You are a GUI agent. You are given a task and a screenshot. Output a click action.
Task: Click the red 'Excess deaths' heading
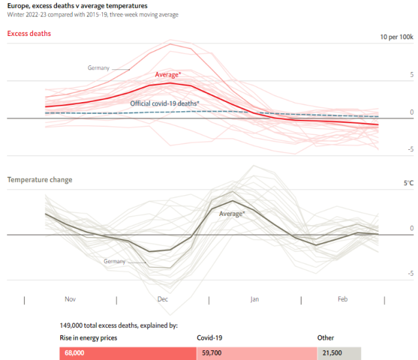point(29,33)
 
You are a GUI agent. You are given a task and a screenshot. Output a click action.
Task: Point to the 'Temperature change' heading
point(39,179)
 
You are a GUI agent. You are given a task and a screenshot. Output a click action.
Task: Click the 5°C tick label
point(408,184)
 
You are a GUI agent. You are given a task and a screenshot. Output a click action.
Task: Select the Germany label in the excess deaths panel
point(98,67)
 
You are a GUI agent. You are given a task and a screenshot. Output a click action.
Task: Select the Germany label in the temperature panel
point(114,261)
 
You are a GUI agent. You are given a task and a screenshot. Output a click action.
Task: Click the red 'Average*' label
point(168,75)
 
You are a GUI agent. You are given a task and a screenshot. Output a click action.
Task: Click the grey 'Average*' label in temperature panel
point(231,213)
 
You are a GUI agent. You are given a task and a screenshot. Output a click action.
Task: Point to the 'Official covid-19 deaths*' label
point(164,103)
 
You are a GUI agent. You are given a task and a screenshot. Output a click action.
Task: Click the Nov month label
point(70,299)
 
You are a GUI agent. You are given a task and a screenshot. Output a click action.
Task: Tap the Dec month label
point(162,299)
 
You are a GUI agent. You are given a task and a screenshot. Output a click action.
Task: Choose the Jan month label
point(255,299)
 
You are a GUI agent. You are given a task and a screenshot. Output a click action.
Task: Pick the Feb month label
point(343,299)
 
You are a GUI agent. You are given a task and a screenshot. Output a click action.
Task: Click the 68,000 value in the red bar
point(74,353)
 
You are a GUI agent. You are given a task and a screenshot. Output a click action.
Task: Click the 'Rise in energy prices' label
point(90,338)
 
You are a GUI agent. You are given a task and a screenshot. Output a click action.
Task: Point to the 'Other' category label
point(326,338)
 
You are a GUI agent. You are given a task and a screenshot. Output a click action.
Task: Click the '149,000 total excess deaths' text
point(118,325)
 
